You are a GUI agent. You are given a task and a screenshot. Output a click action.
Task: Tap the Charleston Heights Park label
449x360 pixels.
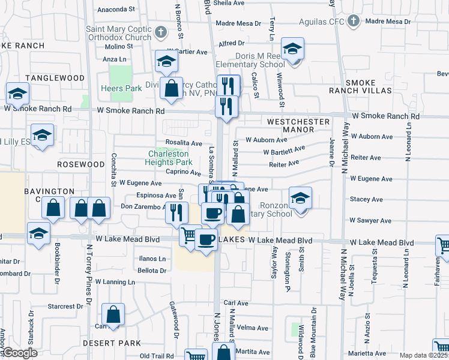(x=170, y=158)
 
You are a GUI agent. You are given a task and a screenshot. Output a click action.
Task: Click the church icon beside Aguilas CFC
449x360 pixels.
(x=354, y=21)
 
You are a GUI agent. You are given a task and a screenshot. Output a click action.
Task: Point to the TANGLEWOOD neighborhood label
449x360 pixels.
(x=55, y=78)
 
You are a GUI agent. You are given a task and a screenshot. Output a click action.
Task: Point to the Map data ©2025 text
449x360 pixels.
(x=423, y=355)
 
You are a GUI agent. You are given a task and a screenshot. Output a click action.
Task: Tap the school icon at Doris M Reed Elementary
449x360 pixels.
(x=292, y=49)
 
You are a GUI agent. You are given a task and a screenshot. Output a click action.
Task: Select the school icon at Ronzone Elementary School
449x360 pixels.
(x=301, y=199)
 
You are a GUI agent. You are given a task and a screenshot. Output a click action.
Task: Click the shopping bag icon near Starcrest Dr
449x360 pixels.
(x=113, y=315)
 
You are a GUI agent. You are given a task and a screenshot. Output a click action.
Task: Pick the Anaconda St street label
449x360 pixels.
(x=116, y=10)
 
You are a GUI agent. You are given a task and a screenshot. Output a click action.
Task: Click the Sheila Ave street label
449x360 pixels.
(x=229, y=2)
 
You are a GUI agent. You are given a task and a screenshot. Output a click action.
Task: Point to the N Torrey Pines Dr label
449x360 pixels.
(x=89, y=276)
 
